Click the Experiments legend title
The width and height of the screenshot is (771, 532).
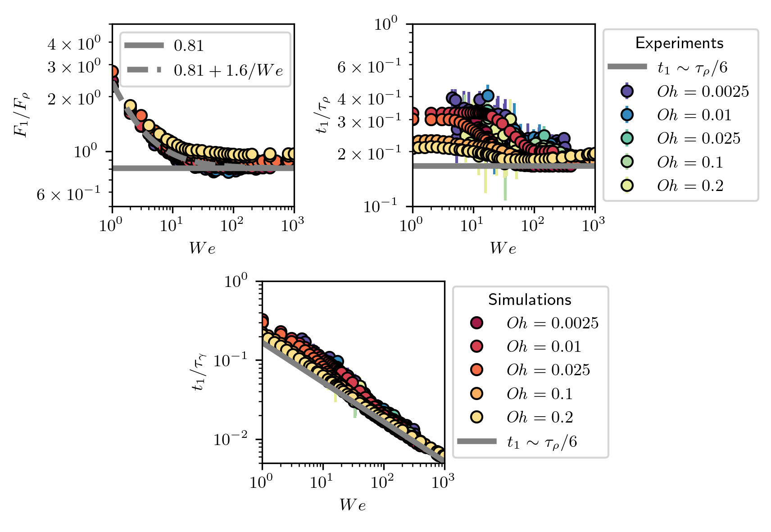point(679,43)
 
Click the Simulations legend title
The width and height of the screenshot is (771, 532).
point(530,300)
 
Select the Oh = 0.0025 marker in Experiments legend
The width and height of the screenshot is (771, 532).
point(627,91)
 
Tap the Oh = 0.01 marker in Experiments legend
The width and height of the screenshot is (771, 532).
point(627,115)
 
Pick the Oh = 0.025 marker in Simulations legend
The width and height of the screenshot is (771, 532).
point(476,370)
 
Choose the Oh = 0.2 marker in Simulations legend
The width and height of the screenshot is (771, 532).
point(476,417)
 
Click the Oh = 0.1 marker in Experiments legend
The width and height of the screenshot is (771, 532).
point(627,162)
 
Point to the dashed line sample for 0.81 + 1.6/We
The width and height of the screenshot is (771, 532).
point(144,70)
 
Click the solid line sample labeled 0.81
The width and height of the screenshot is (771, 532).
point(144,45)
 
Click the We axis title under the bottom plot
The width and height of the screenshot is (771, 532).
point(353,505)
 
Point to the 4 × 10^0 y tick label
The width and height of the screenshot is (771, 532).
point(74,44)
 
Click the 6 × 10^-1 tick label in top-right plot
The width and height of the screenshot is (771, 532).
point(368,67)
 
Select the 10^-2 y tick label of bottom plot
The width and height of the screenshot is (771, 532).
point(230,438)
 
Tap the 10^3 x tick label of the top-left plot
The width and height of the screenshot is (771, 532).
point(292,224)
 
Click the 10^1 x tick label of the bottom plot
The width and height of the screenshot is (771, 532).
point(322,482)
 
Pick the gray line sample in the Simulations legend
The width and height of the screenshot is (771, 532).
point(476,441)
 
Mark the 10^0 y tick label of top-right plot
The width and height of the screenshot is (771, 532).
point(386,23)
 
